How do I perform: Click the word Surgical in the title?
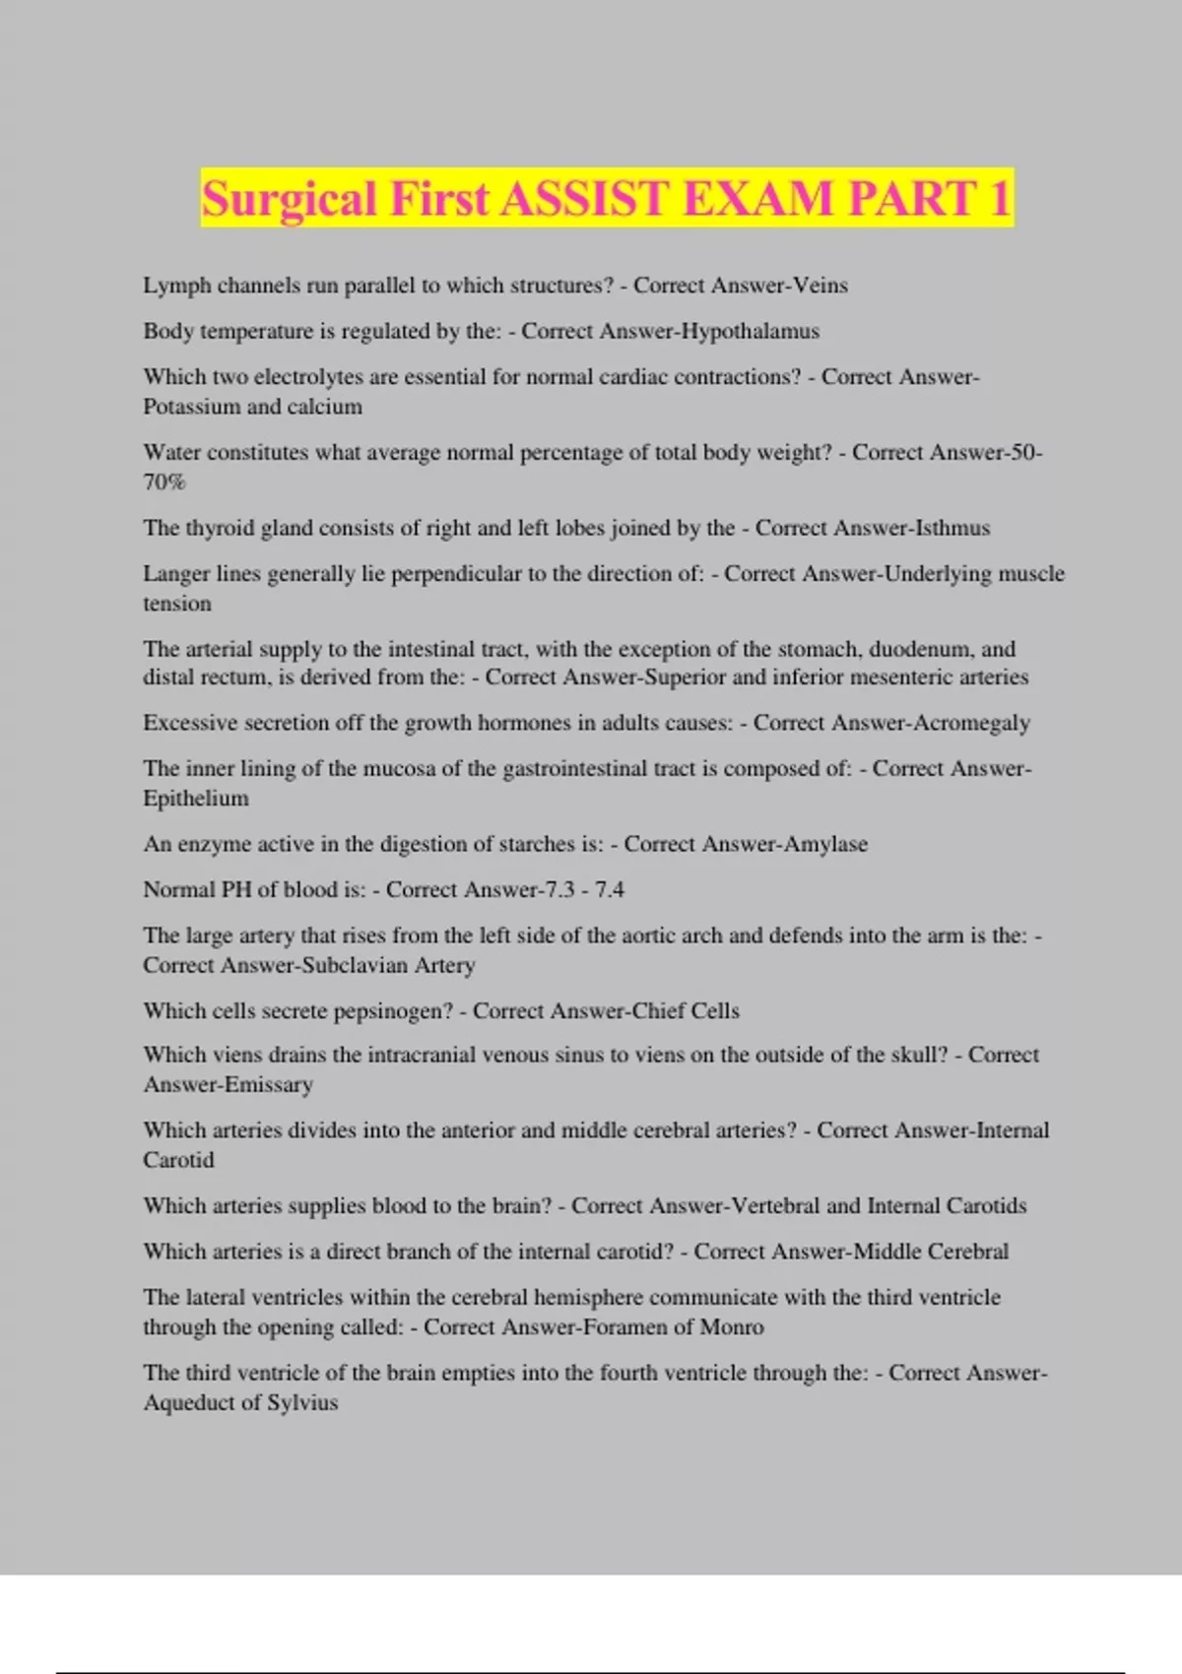290,200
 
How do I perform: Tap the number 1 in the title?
1000,198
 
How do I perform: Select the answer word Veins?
821,286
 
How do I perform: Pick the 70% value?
164,483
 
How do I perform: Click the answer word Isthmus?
952,528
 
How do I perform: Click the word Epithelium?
196,799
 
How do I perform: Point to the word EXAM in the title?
757,198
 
